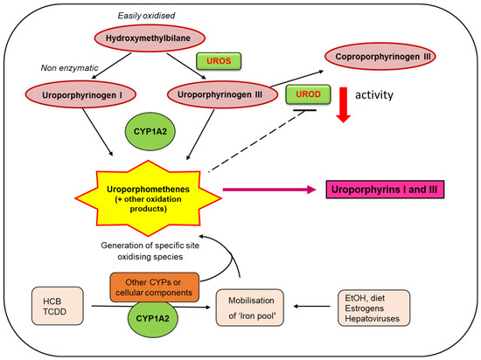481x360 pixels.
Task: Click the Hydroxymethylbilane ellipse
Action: click(x=150, y=38)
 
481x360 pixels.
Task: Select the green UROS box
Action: click(x=219, y=61)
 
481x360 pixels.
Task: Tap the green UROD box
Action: click(x=309, y=94)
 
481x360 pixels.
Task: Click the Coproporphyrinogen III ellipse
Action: click(x=380, y=57)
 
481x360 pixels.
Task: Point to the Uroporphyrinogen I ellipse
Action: click(x=80, y=94)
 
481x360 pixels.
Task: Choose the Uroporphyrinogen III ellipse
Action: click(x=222, y=94)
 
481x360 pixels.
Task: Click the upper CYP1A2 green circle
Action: click(x=150, y=131)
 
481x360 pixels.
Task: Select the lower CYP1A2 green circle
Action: click(x=152, y=319)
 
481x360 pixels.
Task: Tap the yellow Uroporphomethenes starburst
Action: click(x=148, y=198)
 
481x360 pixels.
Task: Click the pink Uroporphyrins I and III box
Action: click(x=385, y=190)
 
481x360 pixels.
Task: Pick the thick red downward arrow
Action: click(x=344, y=105)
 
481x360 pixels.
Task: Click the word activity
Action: click(x=374, y=95)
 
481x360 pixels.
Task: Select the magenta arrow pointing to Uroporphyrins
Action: click(x=269, y=190)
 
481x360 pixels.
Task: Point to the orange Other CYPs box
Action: click(x=154, y=287)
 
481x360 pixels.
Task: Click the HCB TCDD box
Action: click(x=58, y=306)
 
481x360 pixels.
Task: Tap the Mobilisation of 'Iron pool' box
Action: click(x=250, y=308)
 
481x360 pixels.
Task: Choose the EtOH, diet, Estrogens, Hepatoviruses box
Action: click(x=374, y=308)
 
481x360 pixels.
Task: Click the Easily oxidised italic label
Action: click(x=146, y=16)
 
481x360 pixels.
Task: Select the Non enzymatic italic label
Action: click(x=70, y=67)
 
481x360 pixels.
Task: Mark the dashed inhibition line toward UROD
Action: click(x=257, y=141)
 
